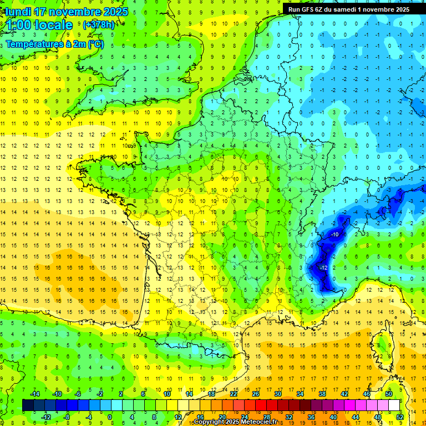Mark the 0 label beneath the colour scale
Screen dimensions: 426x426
point(110,417)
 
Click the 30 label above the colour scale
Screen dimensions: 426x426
point(278,394)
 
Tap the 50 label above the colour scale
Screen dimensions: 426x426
point(389,394)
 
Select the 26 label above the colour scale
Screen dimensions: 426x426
point(256,394)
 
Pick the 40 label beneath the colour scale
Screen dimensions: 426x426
point(333,417)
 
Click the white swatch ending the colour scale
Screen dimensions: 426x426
point(394,405)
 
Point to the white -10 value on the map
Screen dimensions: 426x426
point(335,235)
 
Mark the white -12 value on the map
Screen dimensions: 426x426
point(324,268)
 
